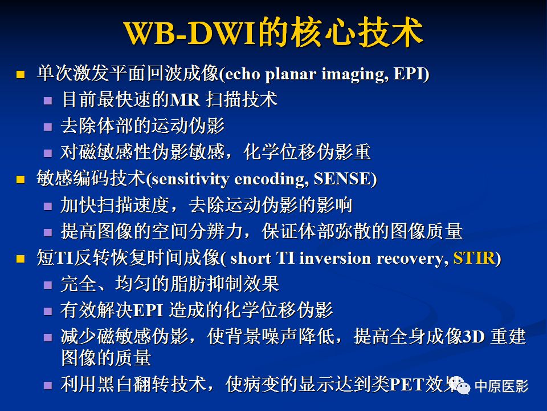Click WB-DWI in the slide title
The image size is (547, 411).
click(x=190, y=33)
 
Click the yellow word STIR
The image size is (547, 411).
click(x=474, y=258)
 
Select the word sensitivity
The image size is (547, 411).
click(x=190, y=180)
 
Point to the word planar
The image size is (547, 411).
click(x=290, y=74)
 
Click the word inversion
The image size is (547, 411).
click(x=335, y=258)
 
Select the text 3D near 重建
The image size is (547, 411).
click(x=473, y=337)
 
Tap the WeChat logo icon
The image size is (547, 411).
click(x=460, y=385)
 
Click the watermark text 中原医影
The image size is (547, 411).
click(x=501, y=386)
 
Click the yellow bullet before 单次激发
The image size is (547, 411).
click(x=21, y=74)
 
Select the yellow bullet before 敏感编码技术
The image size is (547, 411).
click(x=21, y=180)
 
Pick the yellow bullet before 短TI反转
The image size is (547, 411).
click(x=21, y=259)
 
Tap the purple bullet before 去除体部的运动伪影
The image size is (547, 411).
click(x=48, y=127)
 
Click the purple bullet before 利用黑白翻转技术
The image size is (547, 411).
click(x=48, y=385)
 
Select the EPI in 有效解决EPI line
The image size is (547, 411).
click(x=148, y=311)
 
